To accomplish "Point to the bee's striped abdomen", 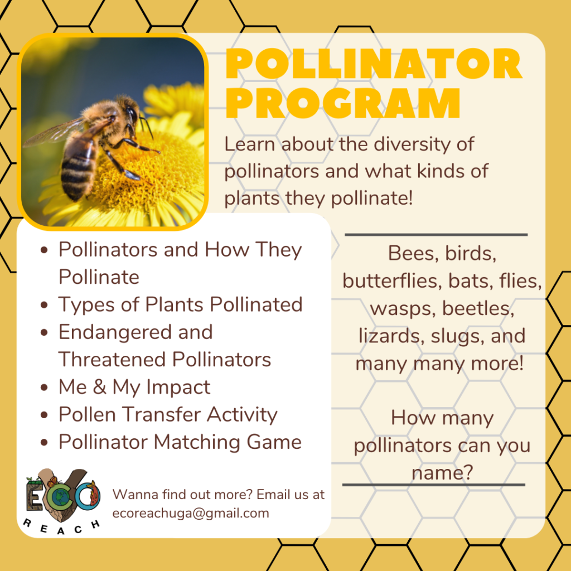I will pyautogui.click(x=78, y=164).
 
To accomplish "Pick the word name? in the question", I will pyautogui.click(x=443, y=473).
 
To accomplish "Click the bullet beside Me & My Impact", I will pyautogui.click(x=45, y=388).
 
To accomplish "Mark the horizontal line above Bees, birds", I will pyautogui.click(x=436, y=235).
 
